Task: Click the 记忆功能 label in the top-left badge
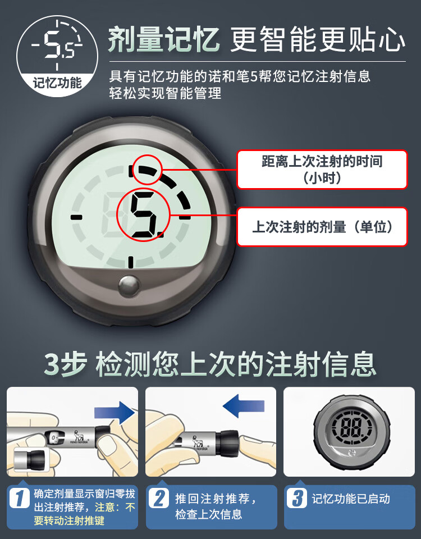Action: pyautogui.click(x=57, y=83)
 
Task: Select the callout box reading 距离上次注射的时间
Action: pyautogui.click(x=322, y=170)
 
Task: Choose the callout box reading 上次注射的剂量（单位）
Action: pyautogui.click(x=322, y=227)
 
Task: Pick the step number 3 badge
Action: pyautogui.click(x=297, y=499)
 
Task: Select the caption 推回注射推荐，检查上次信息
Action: pyautogui.click(x=216, y=506)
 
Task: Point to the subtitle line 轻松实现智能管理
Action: pyautogui.click(x=166, y=93)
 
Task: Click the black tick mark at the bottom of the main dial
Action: pyautogui.click(x=130, y=262)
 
